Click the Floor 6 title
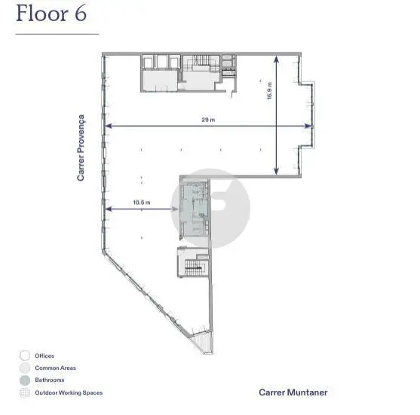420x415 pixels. [51, 14]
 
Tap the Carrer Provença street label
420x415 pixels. [81, 148]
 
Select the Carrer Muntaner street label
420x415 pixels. [293, 392]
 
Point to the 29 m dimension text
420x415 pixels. [208, 120]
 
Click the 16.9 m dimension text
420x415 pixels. [269, 91]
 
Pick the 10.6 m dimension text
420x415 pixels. [142, 203]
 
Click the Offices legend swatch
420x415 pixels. [25, 355]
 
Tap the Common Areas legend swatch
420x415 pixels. [25, 368]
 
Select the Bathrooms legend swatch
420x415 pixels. [25, 380]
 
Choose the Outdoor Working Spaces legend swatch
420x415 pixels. [25, 393]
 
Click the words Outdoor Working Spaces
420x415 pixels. [69, 392]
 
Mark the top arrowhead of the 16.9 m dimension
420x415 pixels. [276, 60]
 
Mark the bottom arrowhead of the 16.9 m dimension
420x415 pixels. [276, 171]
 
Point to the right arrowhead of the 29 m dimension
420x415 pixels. [308, 126]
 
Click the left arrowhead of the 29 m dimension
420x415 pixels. [109, 126]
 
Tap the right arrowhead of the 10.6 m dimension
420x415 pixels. [175, 209]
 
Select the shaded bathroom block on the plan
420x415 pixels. [195, 209]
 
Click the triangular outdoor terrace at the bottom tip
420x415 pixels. [201, 342]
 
